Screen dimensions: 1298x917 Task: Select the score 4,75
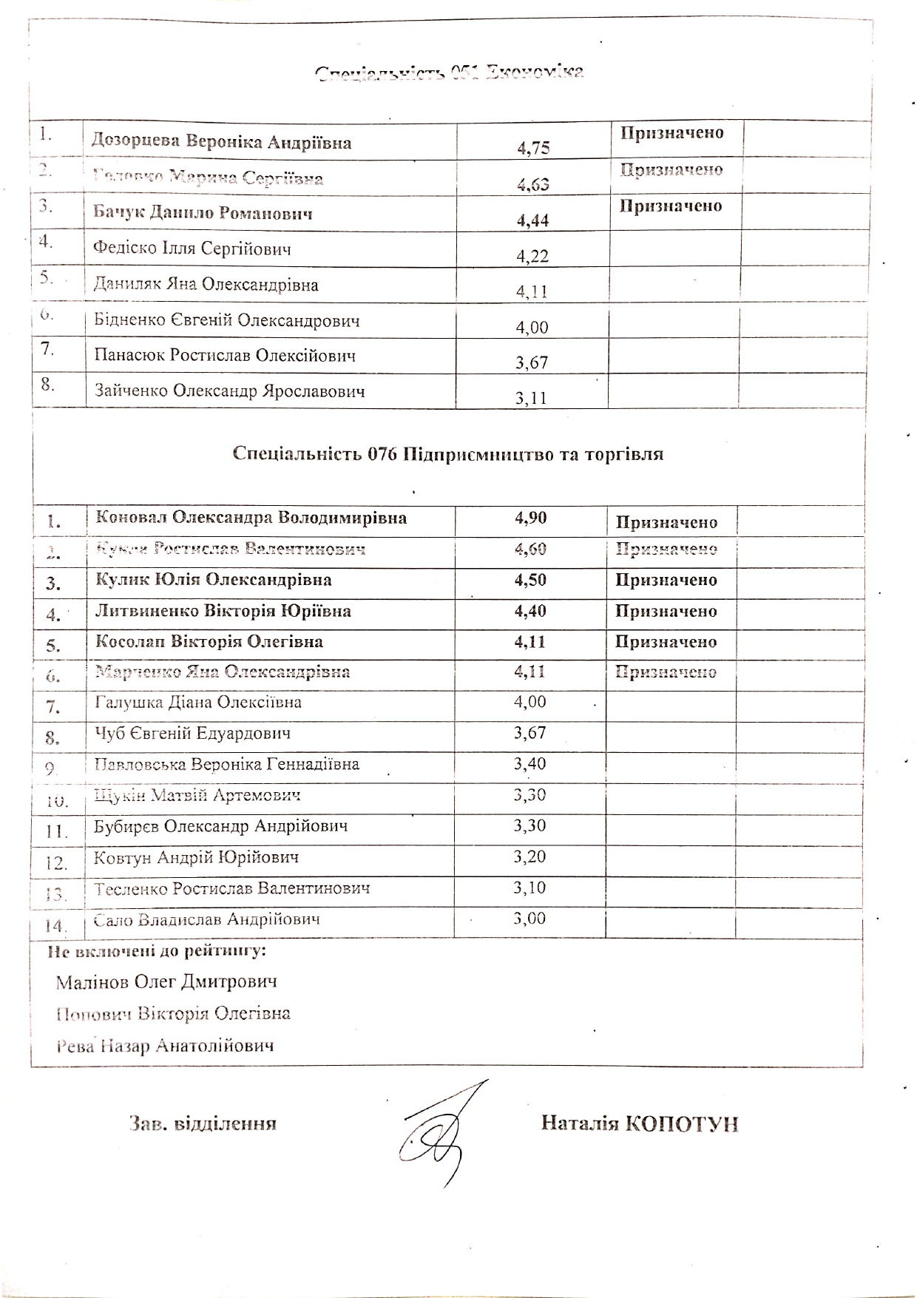[533, 148]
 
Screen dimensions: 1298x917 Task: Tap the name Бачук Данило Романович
[203, 214]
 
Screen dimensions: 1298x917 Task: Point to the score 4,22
[532, 256]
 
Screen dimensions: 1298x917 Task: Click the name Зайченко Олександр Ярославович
[229, 391]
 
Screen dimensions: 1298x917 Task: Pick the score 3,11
[531, 399]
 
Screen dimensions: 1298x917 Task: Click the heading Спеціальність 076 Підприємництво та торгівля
[447, 454]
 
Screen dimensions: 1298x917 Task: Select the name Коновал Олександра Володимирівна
[251, 518]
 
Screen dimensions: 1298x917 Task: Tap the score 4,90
[530, 518]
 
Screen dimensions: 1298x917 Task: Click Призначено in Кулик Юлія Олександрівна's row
[666, 580]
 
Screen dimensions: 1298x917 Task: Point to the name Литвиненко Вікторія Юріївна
[223, 611]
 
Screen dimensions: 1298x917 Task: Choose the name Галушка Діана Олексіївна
[198, 703]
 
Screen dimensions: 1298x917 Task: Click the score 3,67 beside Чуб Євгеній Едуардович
[529, 733]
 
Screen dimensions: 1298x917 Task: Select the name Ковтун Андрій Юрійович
[196, 858]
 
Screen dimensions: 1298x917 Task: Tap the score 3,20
[529, 857]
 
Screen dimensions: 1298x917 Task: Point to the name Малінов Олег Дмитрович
[166, 982]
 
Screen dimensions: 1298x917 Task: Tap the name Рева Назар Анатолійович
[165, 1046]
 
